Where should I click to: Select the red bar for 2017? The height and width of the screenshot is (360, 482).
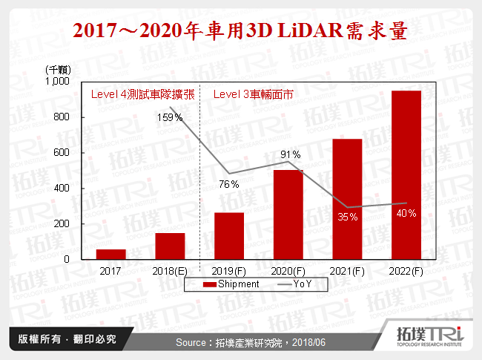tap(110, 254)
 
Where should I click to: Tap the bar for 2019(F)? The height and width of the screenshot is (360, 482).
tap(228, 236)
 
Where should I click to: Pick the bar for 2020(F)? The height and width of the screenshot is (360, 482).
tap(288, 215)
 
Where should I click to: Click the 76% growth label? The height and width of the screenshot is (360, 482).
tap(228, 184)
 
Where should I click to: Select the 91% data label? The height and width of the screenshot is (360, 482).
tap(290, 154)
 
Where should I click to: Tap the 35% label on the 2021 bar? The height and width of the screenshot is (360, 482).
tap(348, 217)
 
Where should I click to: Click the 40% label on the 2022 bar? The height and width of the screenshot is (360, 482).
tap(406, 214)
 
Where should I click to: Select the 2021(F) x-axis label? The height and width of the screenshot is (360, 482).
tap(347, 272)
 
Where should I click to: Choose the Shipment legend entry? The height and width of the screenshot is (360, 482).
tap(231, 284)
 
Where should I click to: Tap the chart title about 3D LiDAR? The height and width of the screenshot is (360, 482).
tap(241, 31)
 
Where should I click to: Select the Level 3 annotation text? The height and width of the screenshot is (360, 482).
tap(254, 95)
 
